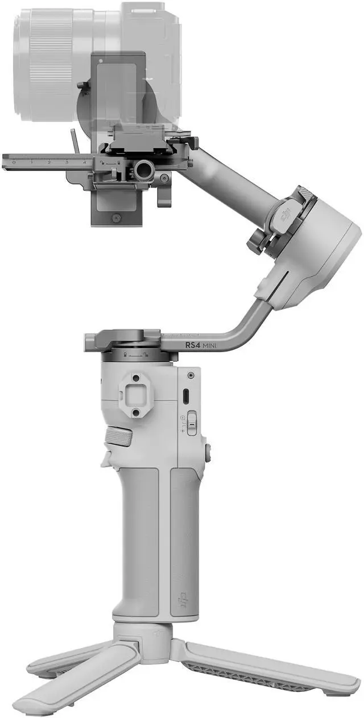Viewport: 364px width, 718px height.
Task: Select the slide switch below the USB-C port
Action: coord(192,424)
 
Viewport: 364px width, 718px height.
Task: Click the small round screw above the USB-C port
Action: coord(190,375)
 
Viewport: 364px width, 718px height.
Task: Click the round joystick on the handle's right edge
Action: coord(208,452)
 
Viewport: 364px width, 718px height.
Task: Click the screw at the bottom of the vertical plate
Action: coord(116,217)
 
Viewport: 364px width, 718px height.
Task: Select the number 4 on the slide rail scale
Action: coord(84,163)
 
